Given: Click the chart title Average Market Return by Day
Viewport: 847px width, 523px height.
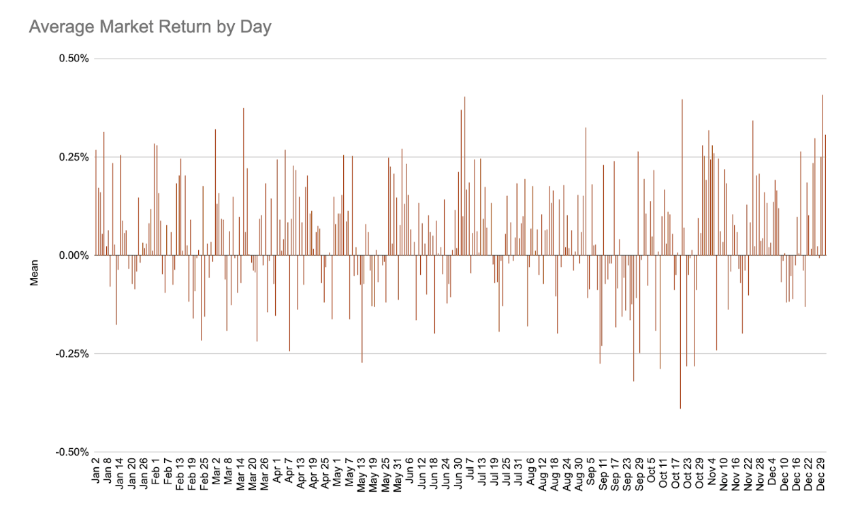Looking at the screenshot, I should click(150, 27).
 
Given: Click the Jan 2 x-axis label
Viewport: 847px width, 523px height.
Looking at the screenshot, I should click(97, 477).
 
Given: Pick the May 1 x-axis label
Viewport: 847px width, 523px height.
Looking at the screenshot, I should click(337, 477).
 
